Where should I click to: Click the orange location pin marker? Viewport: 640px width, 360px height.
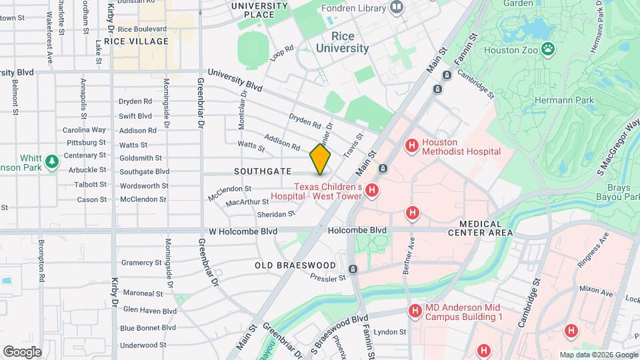pyautogui.click(x=320, y=159)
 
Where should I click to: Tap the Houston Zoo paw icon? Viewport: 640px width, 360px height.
pyautogui.click(x=548, y=48)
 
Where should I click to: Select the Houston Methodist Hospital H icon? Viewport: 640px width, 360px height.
pyautogui.click(x=412, y=145)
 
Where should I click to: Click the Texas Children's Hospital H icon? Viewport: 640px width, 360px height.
pyautogui.click(x=372, y=191)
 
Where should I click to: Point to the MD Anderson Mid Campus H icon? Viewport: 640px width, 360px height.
pyautogui.click(x=415, y=311)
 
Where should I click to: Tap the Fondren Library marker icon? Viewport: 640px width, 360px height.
pyautogui.click(x=397, y=7)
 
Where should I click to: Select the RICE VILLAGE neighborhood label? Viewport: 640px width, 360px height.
pyautogui.click(x=141, y=41)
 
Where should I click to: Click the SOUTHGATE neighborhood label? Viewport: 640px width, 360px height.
pyautogui.click(x=259, y=171)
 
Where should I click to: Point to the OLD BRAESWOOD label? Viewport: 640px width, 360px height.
pyautogui.click(x=295, y=265)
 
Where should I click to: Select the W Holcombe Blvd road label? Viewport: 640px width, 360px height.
pyautogui.click(x=243, y=231)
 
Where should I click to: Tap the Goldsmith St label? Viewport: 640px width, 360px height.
pyautogui.click(x=140, y=158)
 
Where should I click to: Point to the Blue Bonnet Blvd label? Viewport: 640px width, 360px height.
pyautogui.click(x=148, y=327)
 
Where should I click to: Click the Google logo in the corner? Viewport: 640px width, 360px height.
pyautogui.click(x=22, y=351)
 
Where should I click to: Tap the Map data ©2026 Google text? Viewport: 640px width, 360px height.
pyautogui.click(x=598, y=355)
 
